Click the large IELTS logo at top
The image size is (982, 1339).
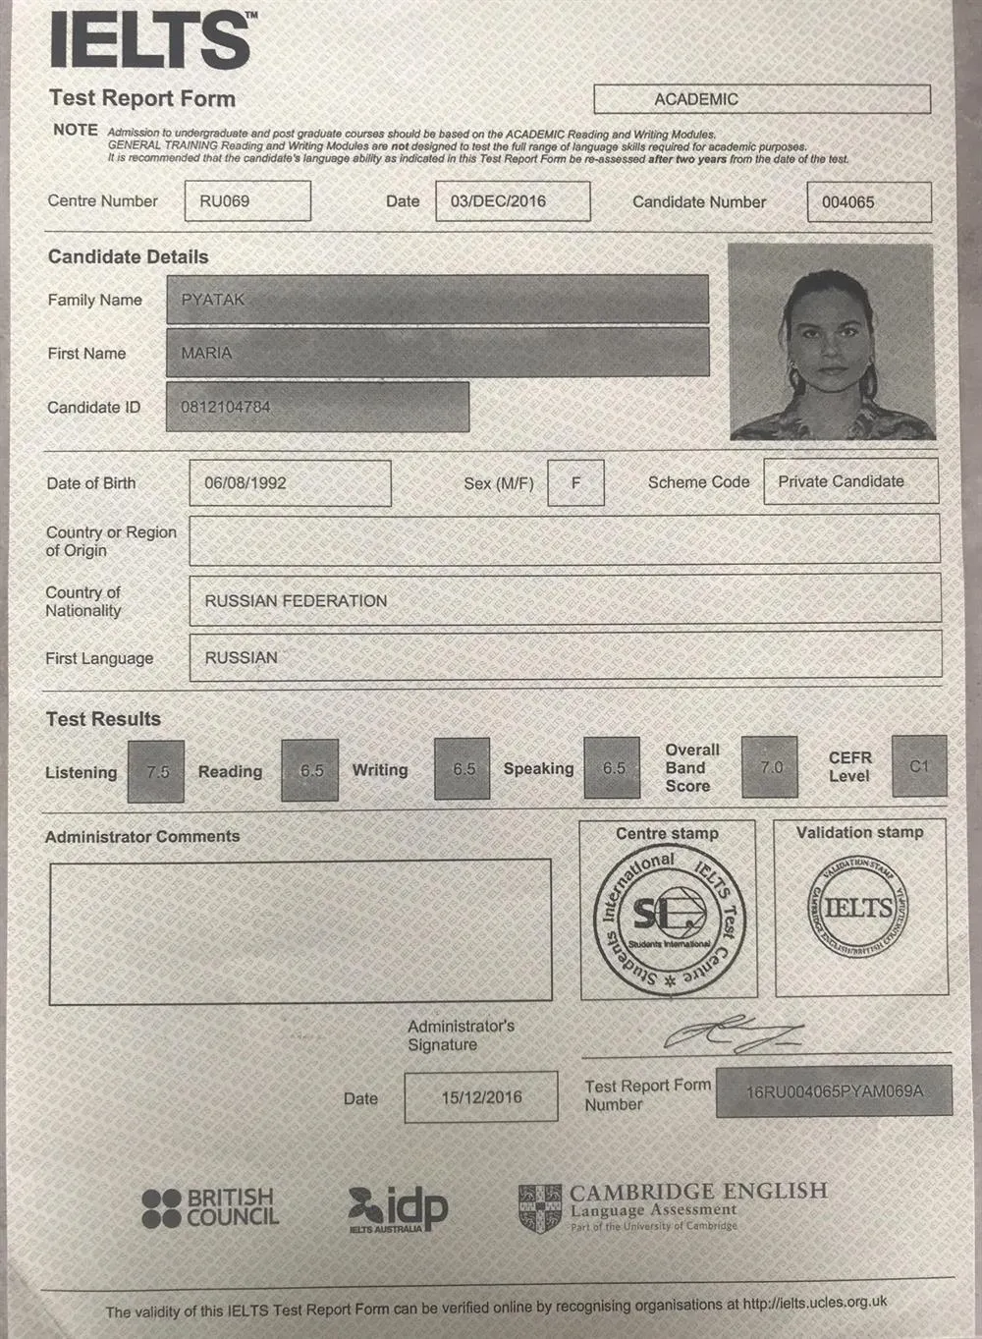pos(150,40)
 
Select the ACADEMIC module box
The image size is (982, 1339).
pos(761,99)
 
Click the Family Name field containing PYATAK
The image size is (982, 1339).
pos(437,300)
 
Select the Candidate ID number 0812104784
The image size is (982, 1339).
pos(226,407)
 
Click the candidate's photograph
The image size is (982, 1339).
pos(831,341)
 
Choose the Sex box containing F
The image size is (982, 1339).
pos(575,483)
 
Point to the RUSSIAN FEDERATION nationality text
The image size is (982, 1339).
pos(296,600)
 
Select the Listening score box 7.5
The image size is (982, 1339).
pos(157,771)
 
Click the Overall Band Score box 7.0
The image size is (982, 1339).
pos(770,767)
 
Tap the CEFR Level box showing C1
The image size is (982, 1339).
pos(919,766)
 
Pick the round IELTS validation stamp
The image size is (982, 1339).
pos(858,907)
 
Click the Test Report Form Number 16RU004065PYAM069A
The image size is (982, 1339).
pos(834,1090)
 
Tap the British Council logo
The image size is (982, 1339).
pos(210,1207)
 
